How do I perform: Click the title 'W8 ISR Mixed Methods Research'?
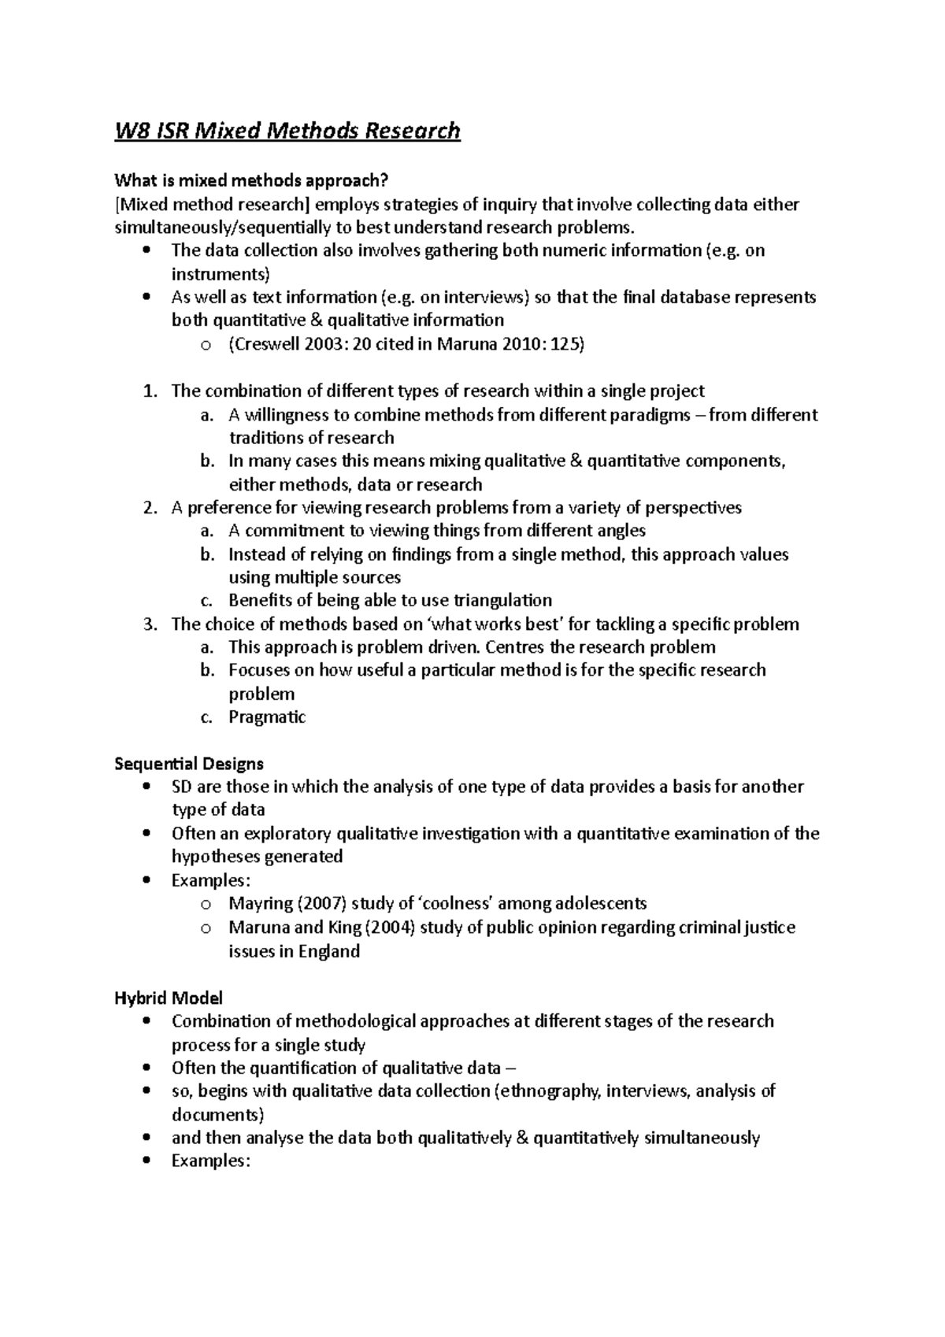(287, 130)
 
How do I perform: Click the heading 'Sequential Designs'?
(189, 764)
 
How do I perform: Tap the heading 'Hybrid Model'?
(169, 998)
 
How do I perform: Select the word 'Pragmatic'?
(267, 717)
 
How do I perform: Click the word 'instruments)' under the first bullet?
(220, 274)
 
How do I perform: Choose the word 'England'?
(329, 951)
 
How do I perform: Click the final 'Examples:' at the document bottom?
(211, 1161)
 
